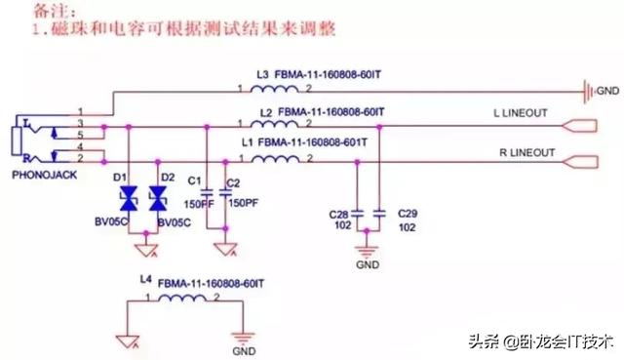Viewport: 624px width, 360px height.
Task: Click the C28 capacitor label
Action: (x=340, y=212)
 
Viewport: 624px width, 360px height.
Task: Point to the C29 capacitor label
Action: (x=408, y=212)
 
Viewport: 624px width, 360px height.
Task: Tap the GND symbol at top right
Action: (x=591, y=92)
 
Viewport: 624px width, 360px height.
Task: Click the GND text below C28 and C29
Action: (x=367, y=263)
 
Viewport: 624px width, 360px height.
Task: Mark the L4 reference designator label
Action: (x=146, y=280)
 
